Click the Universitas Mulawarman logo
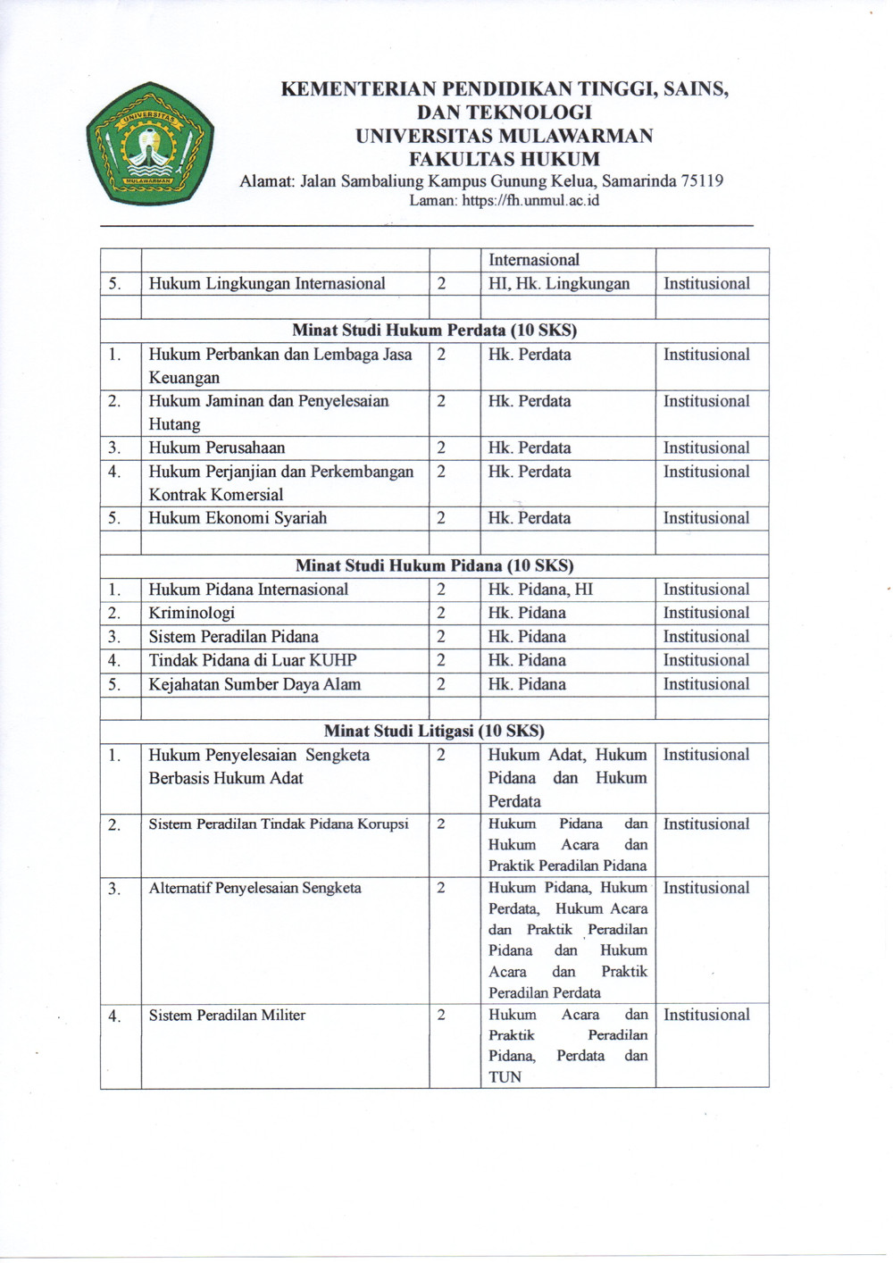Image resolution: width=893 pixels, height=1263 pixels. pos(149,144)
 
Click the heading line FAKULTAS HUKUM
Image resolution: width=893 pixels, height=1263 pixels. pos(504,160)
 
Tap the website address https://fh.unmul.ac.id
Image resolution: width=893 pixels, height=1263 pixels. pos(530,201)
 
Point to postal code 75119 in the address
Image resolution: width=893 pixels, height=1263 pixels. pos(702,181)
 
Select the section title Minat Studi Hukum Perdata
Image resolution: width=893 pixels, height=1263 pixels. pos(434,330)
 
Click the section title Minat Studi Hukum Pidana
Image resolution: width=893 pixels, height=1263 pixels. pos(434,565)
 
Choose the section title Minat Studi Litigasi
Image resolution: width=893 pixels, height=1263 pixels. pos(434,731)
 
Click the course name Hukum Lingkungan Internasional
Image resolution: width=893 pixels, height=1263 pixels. pos(267,284)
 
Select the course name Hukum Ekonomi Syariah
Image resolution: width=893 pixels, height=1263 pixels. pos(238,518)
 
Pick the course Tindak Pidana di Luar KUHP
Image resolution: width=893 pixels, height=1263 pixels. pos(253,660)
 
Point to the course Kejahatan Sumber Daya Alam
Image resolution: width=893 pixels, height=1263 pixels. pos(255,684)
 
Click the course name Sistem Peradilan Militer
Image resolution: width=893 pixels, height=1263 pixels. pos(227,1016)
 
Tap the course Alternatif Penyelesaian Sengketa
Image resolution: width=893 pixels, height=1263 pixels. pos(255,888)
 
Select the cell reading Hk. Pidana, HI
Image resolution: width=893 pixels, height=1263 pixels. pos(540,590)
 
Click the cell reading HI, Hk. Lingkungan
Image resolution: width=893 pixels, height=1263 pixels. pos(559,284)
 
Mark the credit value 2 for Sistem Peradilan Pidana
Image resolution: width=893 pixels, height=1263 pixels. pos(441,637)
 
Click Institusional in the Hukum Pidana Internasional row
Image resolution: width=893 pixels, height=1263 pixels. pos(706,590)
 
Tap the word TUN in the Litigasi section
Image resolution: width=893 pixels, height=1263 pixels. pos(505,1077)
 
